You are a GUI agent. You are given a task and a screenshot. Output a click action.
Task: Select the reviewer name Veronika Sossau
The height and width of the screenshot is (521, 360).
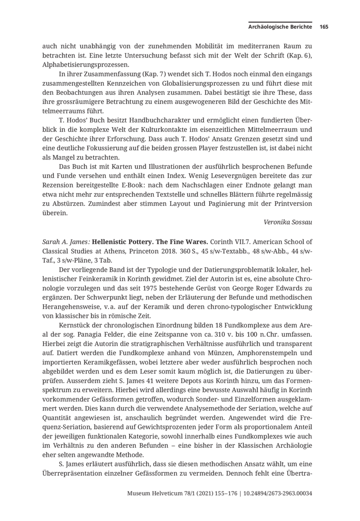click(x=288, y=222)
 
